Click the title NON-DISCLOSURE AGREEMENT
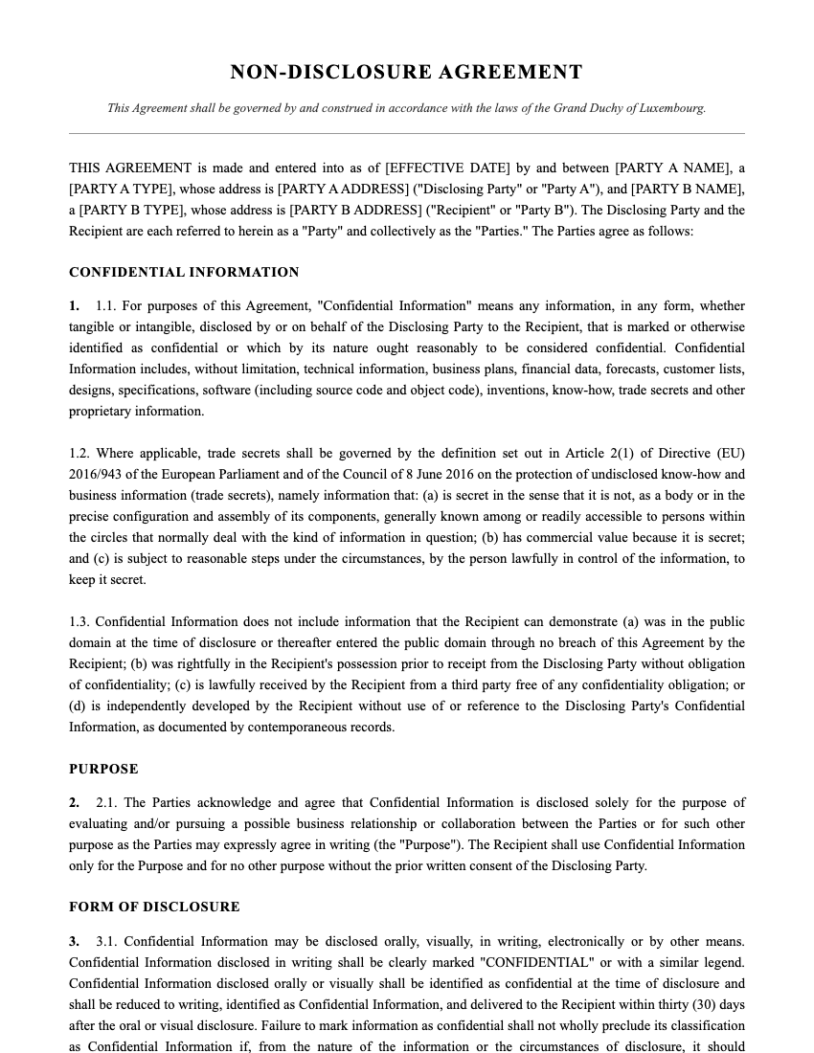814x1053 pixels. [406, 73]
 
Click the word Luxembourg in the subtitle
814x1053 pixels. [669, 108]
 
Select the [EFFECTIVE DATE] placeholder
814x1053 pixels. [447, 168]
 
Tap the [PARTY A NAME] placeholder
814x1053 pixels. [674, 168]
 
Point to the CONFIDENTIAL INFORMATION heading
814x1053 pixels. [184, 273]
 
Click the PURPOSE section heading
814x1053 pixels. [103, 769]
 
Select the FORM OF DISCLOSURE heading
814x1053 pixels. [154, 907]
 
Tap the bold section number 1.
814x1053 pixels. [74, 306]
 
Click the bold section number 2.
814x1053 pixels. [74, 803]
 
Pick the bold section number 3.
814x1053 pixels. [74, 942]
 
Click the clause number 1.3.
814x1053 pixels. [79, 622]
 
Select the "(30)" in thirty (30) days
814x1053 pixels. [701, 1005]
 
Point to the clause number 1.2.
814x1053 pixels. [79, 454]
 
